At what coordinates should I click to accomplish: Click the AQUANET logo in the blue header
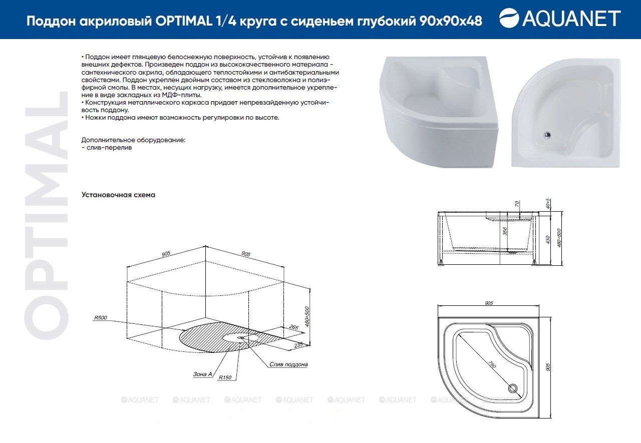(x=560, y=18)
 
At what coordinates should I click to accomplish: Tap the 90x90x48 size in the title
(x=451, y=21)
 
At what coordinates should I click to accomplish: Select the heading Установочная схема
(x=118, y=195)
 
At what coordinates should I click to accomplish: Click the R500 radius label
(x=101, y=317)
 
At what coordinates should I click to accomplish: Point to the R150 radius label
(x=225, y=377)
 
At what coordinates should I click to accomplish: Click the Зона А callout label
(x=202, y=374)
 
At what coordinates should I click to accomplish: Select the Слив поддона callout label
(x=288, y=364)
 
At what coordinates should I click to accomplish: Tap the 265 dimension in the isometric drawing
(x=294, y=327)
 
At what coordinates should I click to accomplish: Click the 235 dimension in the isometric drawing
(x=298, y=345)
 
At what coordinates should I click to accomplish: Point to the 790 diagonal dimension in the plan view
(x=492, y=364)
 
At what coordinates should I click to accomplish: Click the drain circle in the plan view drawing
(x=512, y=388)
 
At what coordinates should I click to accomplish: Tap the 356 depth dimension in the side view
(x=505, y=231)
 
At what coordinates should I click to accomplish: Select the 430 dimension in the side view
(x=548, y=239)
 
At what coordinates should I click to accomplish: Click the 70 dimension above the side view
(x=517, y=204)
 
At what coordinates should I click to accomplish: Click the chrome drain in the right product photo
(x=547, y=135)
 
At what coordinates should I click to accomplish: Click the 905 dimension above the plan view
(x=489, y=303)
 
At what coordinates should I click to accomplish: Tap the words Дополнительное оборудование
(x=133, y=140)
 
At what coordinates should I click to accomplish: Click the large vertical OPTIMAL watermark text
(x=47, y=216)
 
